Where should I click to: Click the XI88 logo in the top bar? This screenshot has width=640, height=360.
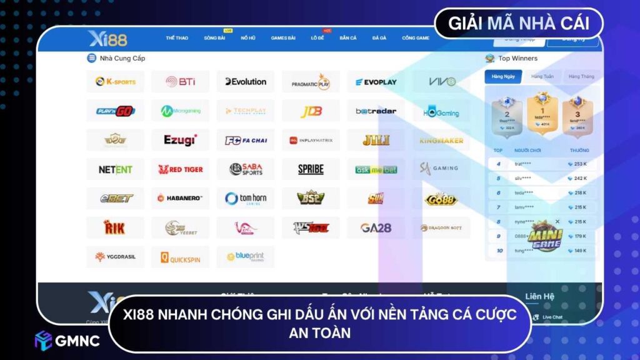click(107, 39)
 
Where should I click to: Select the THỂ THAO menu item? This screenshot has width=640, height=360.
click(177, 38)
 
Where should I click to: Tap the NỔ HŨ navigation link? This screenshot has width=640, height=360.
click(248, 38)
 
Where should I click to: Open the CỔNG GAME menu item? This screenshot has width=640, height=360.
click(416, 38)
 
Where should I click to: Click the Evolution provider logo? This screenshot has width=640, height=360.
click(246, 81)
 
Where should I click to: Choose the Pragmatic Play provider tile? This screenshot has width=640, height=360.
click(311, 81)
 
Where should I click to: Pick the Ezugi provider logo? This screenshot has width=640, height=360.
click(180, 140)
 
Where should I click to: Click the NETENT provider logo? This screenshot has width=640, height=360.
click(115, 169)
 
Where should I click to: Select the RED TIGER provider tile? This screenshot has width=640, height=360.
click(180, 169)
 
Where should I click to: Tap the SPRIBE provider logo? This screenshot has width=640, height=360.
click(311, 169)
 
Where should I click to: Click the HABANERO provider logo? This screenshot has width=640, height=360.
click(180, 198)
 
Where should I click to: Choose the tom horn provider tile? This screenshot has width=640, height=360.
click(246, 198)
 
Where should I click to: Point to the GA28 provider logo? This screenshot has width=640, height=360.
click(376, 227)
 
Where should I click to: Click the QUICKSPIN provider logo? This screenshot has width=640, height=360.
click(180, 257)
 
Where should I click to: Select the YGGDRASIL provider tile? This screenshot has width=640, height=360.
click(115, 257)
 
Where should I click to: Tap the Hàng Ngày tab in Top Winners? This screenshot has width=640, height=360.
click(503, 76)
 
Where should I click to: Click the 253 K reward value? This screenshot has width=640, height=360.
click(580, 164)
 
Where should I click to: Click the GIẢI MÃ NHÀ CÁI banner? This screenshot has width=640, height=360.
click(519, 24)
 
